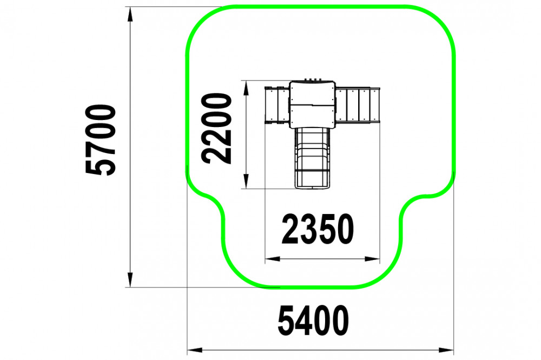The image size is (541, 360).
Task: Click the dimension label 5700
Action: tap(101, 139)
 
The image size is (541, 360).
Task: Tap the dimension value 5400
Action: tap(313, 321)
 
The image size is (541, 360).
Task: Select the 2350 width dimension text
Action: tap(318, 229)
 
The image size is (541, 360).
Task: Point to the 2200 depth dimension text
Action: tap(217, 128)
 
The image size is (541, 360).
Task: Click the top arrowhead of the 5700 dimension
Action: tap(130, 15)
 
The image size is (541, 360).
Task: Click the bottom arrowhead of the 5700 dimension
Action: tap(130, 279)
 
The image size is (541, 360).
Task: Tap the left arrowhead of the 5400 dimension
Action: tap(195, 350)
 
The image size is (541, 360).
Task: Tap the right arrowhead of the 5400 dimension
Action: tap(446, 350)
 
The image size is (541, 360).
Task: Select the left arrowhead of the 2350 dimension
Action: tap(273, 258)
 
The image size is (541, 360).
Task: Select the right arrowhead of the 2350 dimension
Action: tap(372, 258)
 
